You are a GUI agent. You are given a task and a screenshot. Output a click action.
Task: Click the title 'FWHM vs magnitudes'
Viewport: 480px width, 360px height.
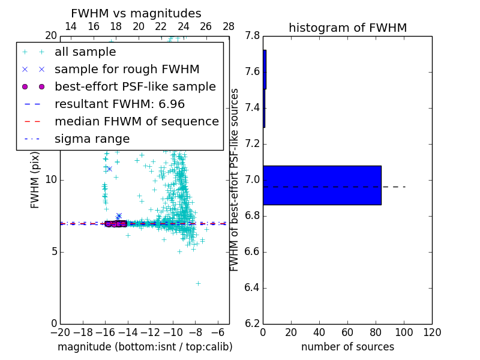coord(136,14)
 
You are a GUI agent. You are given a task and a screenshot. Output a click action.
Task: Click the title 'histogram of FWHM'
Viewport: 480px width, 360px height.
coord(347,28)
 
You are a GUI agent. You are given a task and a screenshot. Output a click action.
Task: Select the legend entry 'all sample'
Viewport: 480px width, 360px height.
coord(85,52)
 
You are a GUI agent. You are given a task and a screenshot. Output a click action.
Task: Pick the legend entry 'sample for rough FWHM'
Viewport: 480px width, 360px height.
coord(127,70)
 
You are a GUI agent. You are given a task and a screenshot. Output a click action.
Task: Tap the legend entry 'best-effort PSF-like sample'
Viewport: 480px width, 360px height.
coord(135,87)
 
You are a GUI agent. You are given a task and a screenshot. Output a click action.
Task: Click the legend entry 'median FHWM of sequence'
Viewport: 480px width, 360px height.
coord(136,122)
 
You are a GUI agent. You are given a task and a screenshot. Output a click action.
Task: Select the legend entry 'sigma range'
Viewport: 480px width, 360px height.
coord(92,139)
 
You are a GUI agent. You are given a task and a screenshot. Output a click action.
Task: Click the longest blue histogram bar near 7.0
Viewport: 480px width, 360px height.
coord(322,185)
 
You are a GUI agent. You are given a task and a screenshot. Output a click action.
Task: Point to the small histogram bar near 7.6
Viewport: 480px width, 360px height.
coord(265,69)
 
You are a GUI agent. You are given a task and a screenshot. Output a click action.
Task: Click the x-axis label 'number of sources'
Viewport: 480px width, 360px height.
coord(347,347)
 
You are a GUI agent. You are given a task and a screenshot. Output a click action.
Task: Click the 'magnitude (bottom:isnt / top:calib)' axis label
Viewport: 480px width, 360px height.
coord(145,347)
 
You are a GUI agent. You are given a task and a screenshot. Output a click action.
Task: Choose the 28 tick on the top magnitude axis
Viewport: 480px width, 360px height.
coord(229,26)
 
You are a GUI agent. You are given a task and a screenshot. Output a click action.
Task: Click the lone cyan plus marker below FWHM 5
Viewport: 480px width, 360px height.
coord(198,283)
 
